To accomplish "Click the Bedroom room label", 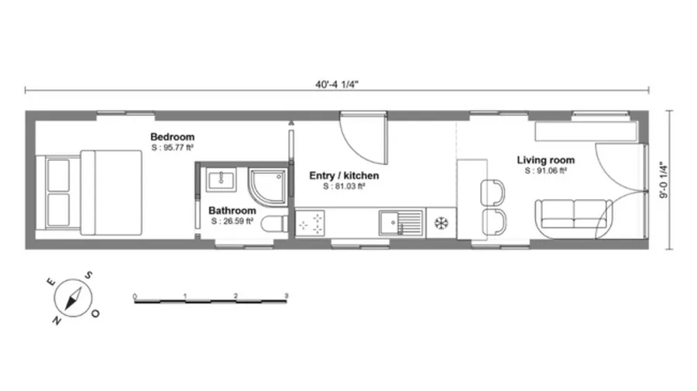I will (172, 137).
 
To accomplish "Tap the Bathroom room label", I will (232, 210).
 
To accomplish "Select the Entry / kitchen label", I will (344, 176).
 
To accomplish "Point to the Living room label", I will (546, 160).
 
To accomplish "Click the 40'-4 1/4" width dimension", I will (338, 82).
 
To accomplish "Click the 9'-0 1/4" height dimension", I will (662, 180).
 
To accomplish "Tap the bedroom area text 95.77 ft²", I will (172, 147).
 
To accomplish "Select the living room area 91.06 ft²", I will (546, 170).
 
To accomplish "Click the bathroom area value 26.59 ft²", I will (232, 221).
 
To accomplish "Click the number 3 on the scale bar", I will (287, 296).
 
